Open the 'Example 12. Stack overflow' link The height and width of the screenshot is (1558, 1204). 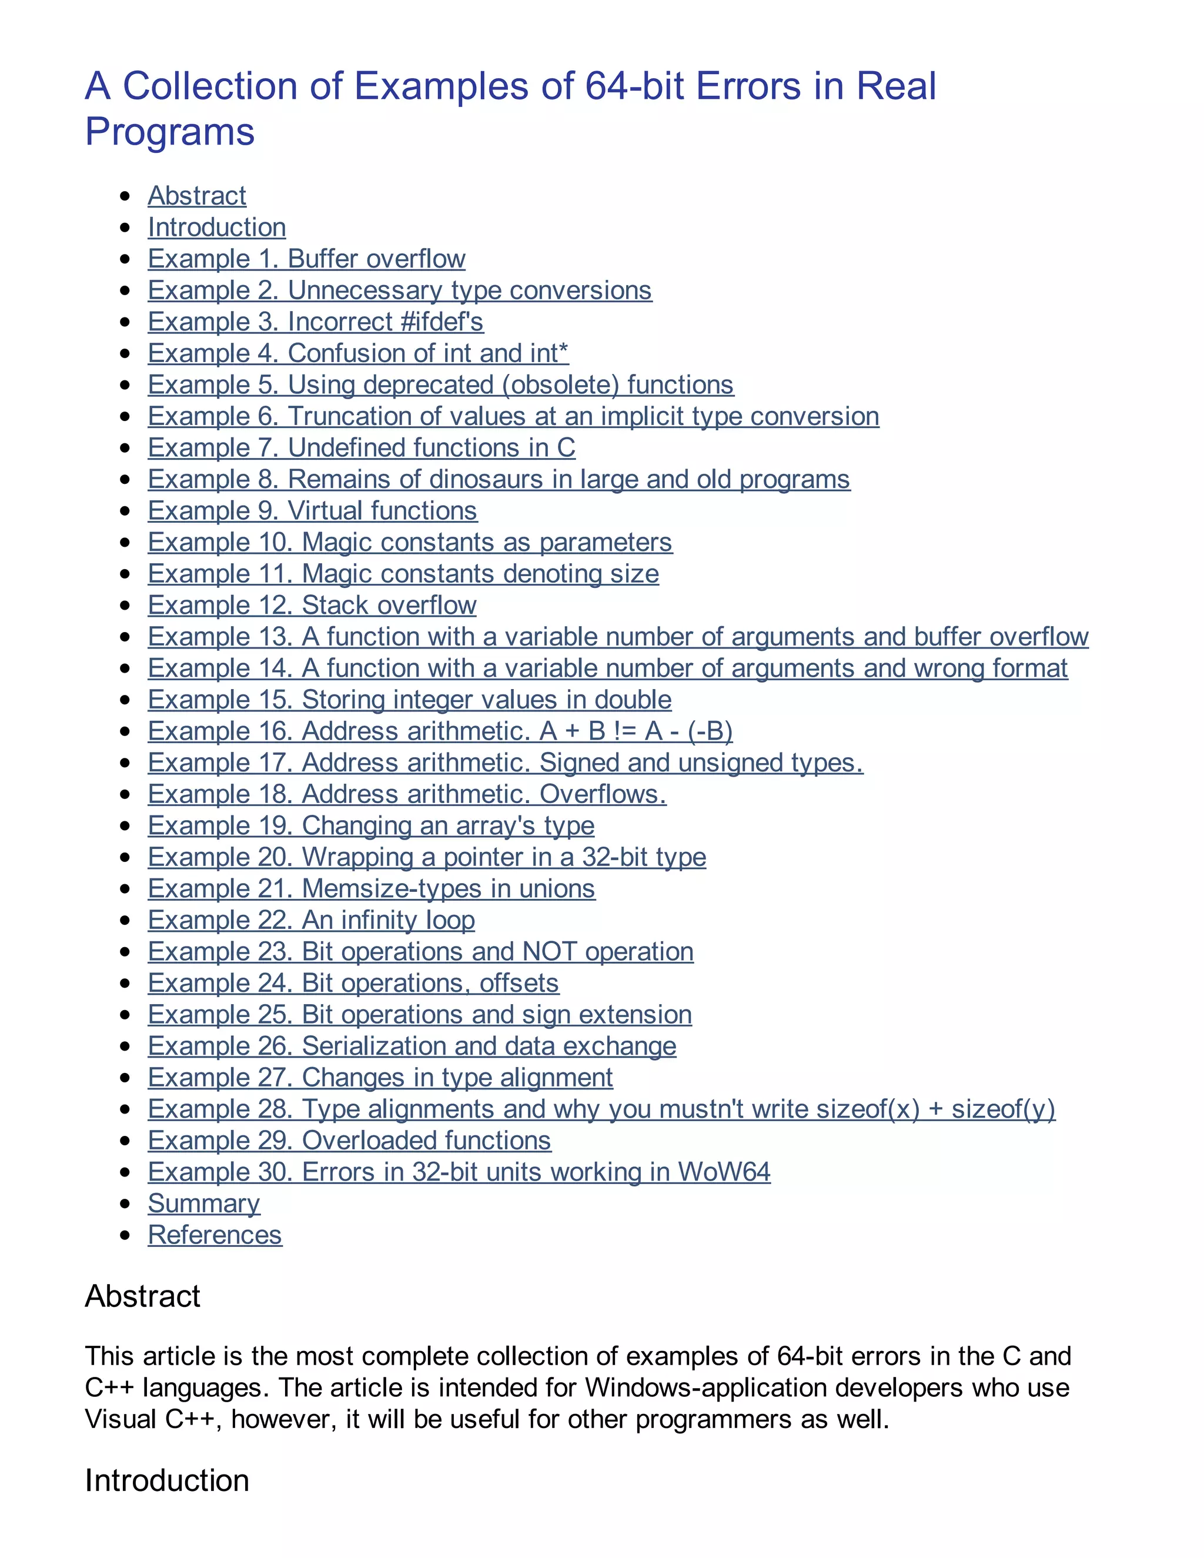[x=312, y=605]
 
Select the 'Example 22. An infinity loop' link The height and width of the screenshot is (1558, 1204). [x=311, y=920]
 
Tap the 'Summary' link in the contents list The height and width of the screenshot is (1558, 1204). [x=203, y=1203]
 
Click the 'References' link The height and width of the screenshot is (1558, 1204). [x=215, y=1235]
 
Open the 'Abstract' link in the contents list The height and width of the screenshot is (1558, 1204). [x=197, y=195]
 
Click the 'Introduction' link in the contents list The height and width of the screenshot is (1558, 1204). [x=217, y=228]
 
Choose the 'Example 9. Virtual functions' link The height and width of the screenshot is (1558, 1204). [x=312, y=511]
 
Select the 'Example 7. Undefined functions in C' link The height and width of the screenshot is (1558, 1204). [x=361, y=448]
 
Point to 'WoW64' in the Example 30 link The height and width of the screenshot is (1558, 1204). [x=723, y=1172]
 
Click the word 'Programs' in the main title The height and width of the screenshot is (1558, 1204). [x=170, y=132]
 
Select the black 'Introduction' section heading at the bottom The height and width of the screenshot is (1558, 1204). [x=167, y=1480]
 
